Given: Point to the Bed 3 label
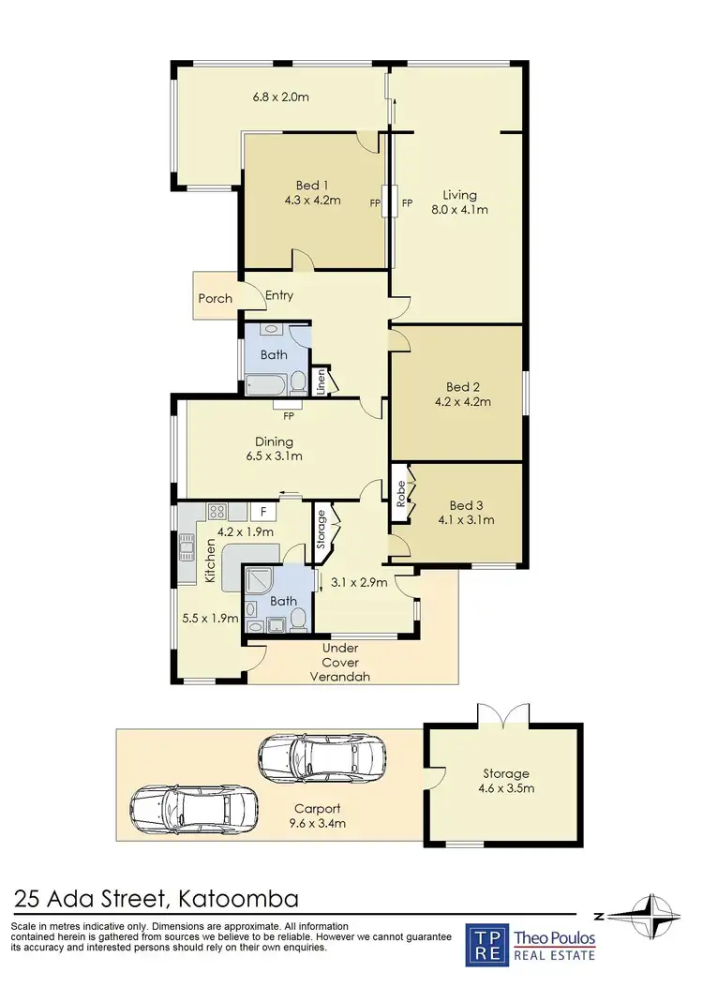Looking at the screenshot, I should [x=471, y=504].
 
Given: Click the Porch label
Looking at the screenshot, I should [x=215, y=299].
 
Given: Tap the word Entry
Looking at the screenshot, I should [x=279, y=296].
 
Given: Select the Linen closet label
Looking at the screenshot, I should [x=321, y=381].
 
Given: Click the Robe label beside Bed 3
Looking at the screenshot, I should [x=401, y=494].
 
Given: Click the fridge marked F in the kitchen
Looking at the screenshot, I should [x=263, y=512].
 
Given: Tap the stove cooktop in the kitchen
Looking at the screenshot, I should [x=216, y=512].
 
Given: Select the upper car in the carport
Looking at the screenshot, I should [x=322, y=756].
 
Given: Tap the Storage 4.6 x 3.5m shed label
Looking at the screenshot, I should [x=506, y=781].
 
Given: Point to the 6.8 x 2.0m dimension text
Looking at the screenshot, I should [x=281, y=96].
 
